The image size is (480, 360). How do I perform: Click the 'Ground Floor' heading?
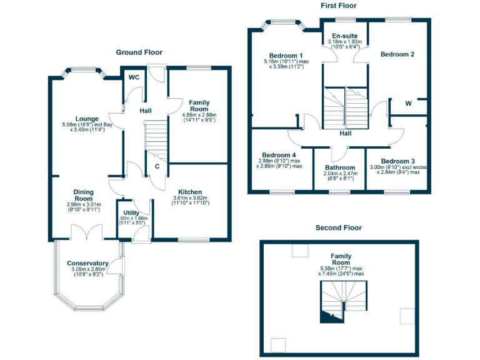tap(139, 52)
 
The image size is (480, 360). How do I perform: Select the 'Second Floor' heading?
tap(338, 228)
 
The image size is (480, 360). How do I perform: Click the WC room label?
tap(134, 78)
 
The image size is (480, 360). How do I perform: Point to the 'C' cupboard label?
tap(157, 166)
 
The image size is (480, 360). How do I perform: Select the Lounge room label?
tap(87, 118)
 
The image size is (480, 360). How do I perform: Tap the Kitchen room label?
tap(190, 191)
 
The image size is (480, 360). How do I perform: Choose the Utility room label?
tap(132, 213)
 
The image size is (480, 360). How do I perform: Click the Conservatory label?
tap(87, 264)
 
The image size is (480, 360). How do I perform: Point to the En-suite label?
tap(344, 36)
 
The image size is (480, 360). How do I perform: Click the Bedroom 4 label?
tap(279, 155)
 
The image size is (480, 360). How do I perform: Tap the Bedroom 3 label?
tap(398, 161)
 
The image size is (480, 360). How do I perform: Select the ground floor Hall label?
tap(146, 111)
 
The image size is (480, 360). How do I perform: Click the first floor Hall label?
tap(346, 133)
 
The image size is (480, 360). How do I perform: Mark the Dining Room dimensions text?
tap(84, 207)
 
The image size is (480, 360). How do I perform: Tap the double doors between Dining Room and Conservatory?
tap(84, 233)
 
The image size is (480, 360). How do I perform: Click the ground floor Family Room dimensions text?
tap(199, 119)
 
